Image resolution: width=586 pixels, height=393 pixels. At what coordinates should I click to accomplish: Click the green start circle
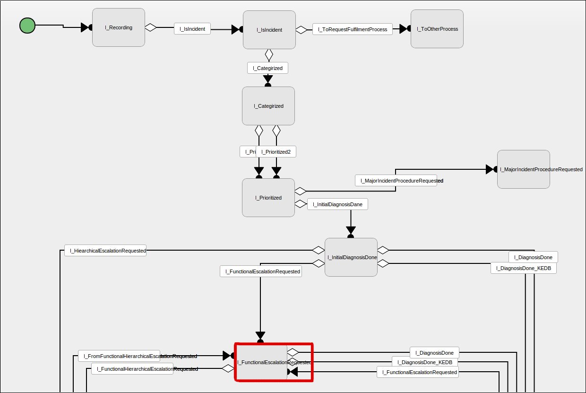tap(27, 26)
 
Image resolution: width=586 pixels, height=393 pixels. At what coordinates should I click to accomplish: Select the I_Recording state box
tap(118, 27)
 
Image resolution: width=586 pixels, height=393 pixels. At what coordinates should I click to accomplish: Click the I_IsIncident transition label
tap(192, 29)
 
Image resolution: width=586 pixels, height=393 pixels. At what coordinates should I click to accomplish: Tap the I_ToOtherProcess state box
tap(437, 29)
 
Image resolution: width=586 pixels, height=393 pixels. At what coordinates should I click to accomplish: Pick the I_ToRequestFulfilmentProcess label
tap(352, 29)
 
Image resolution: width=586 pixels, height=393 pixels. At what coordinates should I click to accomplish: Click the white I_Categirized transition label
tap(267, 68)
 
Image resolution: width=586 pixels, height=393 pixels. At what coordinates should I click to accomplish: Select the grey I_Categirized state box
tap(268, 106)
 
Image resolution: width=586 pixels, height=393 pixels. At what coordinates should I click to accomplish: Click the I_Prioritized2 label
tap(276, 152)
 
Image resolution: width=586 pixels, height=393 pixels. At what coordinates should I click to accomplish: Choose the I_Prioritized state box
tap(268, 198)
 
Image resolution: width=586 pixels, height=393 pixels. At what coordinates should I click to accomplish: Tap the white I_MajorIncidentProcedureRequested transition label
tap(396, 181)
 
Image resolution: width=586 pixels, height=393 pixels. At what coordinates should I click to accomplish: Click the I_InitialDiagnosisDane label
tap(337, 204)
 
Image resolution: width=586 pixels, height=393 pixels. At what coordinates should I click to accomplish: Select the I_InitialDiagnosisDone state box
tap(351, 257)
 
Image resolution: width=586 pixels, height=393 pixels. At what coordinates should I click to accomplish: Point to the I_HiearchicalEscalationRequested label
tap(105, 251)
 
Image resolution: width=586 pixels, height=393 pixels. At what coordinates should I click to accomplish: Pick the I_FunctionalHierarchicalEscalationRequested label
tap(132, 369)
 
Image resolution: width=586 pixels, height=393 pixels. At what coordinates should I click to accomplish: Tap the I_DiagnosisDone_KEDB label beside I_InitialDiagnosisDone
tap(524, 268)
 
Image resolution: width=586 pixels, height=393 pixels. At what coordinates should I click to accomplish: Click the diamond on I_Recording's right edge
tap(150, 27)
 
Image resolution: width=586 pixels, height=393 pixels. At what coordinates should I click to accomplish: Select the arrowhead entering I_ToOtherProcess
tap(404, 29)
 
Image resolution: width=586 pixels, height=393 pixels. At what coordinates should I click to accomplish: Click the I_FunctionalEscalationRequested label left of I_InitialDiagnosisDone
tap(261, 271)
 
